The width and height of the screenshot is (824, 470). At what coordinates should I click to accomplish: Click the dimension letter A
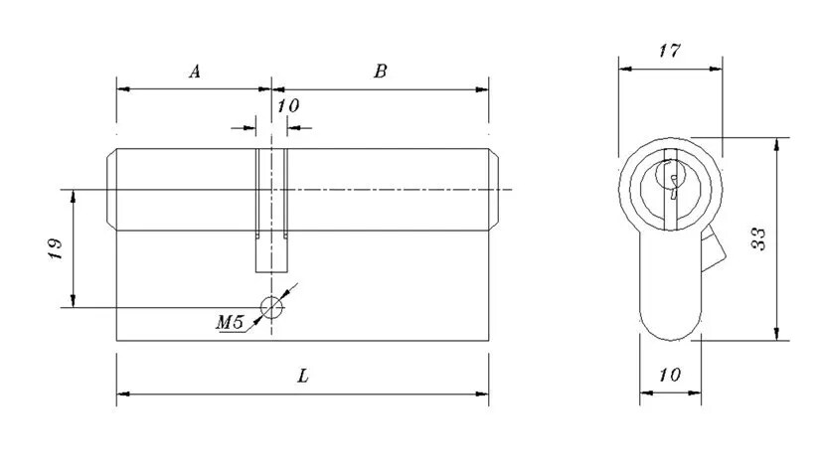(195, 72)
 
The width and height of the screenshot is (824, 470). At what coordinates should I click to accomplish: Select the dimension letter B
(380, 72)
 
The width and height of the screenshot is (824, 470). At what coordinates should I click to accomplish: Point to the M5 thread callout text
(230, 320)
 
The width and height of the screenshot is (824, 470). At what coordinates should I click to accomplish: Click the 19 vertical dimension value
(55, 248)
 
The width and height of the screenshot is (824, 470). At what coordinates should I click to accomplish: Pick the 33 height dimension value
(758, 238)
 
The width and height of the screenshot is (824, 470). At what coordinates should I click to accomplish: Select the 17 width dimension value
(669, 51)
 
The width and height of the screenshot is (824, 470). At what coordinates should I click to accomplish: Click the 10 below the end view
(669, 376)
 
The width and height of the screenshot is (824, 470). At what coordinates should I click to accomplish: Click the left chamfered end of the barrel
(112, 190)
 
